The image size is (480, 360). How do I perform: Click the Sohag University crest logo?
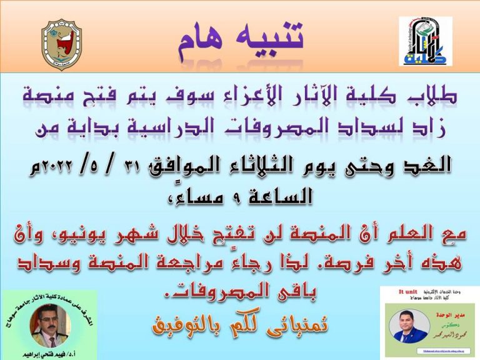61,44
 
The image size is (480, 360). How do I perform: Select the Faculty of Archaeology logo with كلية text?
426,42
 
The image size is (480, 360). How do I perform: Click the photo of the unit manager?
410,325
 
